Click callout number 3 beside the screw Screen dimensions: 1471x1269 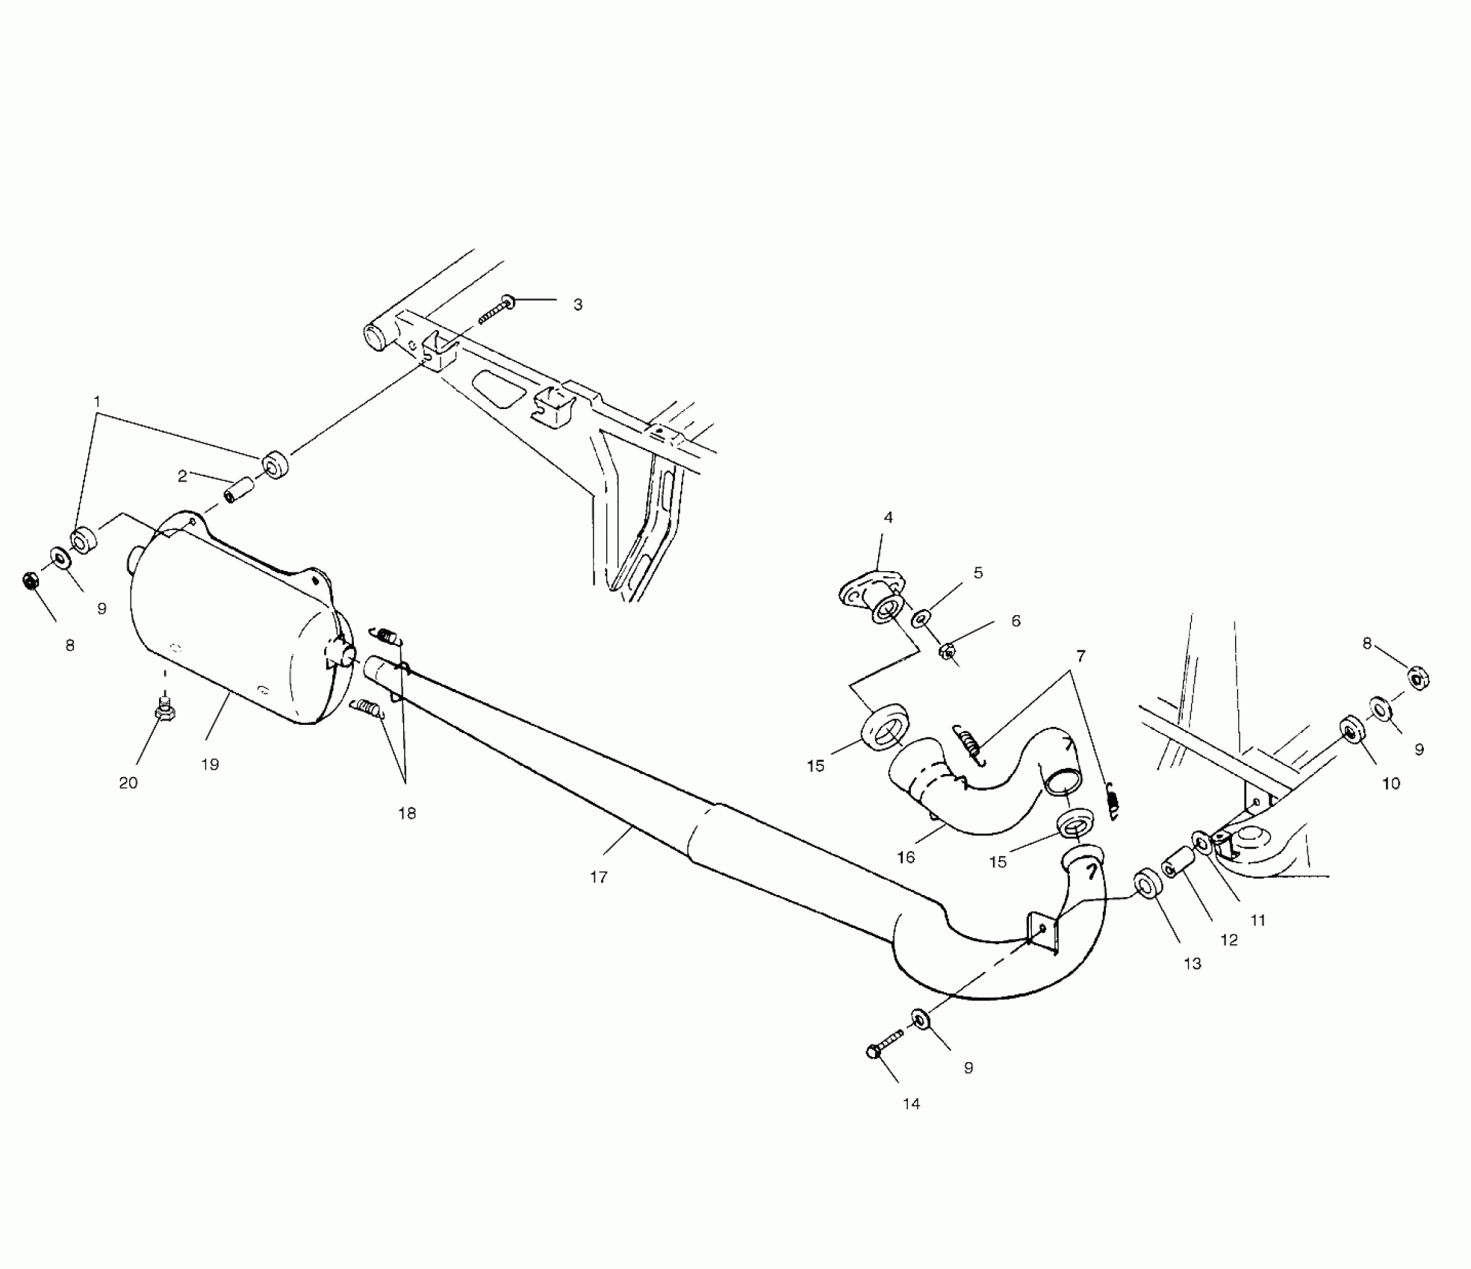577,305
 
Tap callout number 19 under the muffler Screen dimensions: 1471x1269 210,764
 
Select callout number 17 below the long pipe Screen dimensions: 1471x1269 599,877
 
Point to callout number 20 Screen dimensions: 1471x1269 128,783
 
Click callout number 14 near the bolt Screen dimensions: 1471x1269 911,1104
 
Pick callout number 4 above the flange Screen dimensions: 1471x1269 888,517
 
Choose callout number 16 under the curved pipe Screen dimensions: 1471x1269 906,858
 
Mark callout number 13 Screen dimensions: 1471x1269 1192,964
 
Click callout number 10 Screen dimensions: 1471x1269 1391,784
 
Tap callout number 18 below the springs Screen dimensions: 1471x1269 407,814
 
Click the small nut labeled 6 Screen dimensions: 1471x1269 947,651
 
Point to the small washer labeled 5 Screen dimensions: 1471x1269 921,618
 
